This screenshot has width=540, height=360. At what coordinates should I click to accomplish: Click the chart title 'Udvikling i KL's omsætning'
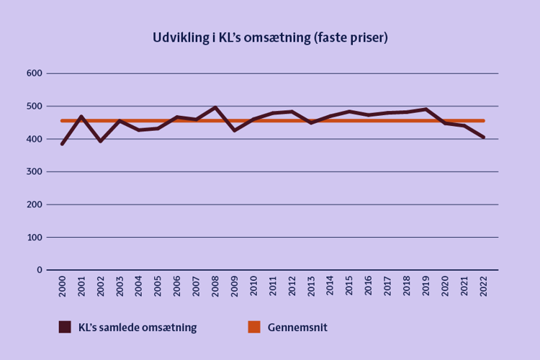pyautogui.click(x=270, y=38)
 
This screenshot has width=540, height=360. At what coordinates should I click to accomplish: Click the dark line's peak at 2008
pyautogui.click(x=215, y=107)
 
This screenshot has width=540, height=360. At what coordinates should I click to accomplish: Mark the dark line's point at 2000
pyautogui.click(x=63, y=144)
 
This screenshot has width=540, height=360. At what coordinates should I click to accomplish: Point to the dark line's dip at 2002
pyautogui.click(x=101, y=141)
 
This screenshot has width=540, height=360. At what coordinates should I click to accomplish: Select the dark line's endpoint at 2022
pyautogui.click(x=483, y=137)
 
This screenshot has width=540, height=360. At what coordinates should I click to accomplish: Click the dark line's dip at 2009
pyautogui.click(x=235, y=130)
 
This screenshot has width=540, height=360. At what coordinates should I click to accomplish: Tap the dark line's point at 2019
pyautogui.click(x=426, y=109)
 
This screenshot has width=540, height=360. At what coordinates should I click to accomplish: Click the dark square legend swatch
pyautogui.click(x=65, y=327)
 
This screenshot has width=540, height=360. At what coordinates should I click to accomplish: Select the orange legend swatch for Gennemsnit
pyautogui.click(x=253, y=327)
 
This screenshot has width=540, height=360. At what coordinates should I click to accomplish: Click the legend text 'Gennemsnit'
pyautogui.click(x=297, y=327)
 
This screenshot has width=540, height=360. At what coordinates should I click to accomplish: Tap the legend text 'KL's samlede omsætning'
pyautogui.click(x=137, y=327)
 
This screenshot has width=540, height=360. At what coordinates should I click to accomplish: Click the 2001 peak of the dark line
pyautogui.click(x=81, y=117)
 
